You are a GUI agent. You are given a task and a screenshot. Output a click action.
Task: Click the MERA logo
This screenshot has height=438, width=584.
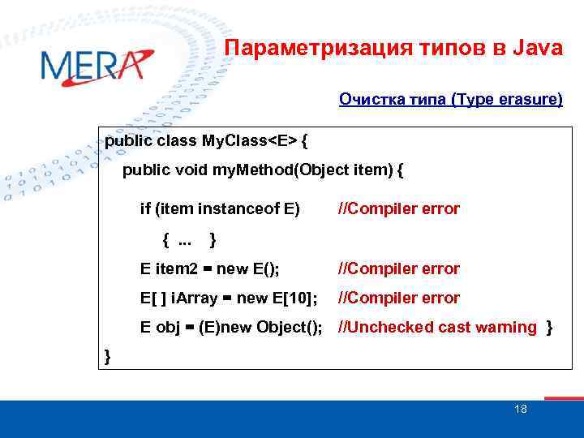pos(96,67)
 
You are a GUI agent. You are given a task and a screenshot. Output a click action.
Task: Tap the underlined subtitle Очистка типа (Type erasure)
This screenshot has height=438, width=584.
pos(450,100)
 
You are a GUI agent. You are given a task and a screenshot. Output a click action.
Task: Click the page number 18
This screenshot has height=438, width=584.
pos(521,409)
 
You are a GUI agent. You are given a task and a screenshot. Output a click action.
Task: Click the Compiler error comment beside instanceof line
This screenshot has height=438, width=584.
pos(398,209)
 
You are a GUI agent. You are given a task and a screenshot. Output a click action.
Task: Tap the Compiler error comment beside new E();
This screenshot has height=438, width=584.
pos(398,268)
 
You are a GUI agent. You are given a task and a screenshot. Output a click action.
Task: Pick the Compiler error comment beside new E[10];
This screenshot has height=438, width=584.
pos(398,298)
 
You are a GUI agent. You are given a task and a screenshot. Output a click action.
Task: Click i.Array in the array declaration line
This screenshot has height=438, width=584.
pos(194,298)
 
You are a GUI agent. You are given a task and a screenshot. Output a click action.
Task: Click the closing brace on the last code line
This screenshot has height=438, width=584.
pos(108,357)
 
